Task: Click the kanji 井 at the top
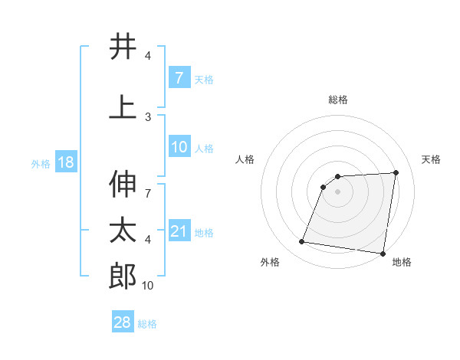click(x=123, y=47)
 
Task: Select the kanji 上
click(x=123, y=107)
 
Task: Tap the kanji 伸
click(x=123, y=183)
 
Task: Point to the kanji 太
click(x=123, y=230)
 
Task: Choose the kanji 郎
click(x=123, y=277)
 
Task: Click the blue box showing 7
click(x=179, y=78)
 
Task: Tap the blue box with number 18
click(x=65, y=163)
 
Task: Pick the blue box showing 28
click(x=123, y=323)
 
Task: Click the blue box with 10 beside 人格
click(x=179, y=147)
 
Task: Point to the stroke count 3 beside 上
click(x=148, y=116)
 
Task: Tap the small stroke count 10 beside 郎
click(x=147, y=286)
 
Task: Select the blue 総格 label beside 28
click(x=147, y=324)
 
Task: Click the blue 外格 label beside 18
click(x=41, y=164)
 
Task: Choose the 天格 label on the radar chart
click(x=431, y=159)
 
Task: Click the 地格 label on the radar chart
click(x=402, y=263)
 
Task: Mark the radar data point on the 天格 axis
click(x=396, y=172)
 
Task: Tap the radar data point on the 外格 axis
click(x=302, y=242)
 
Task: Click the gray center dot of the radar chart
click(x=337, y=192)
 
